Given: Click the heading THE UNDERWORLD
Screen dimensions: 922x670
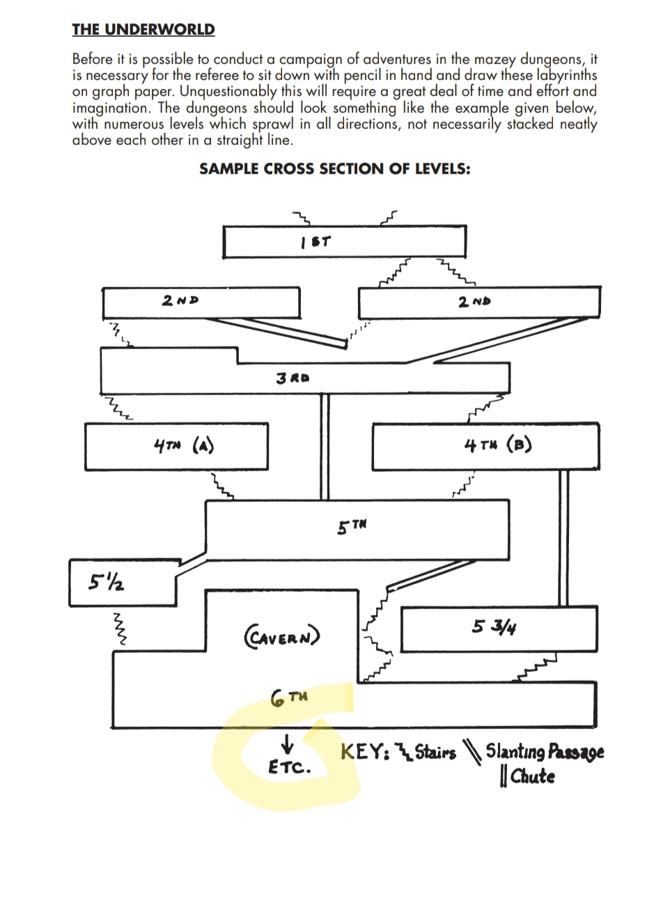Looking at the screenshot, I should tap(143, 29).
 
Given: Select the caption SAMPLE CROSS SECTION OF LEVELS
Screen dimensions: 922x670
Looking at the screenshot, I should tap(334, 169).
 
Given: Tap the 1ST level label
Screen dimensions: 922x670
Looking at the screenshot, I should tap(316, 242).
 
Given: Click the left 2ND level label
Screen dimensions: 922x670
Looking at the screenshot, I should tap(180, 300).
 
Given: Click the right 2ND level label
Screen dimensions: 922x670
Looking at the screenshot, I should tap(474, 301).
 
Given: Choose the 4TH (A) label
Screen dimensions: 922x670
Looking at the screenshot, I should tap(183, 445).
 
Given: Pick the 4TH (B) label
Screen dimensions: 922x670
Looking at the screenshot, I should tap(497, 445).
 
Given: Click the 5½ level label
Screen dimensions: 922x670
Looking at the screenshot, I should tap(107, 581).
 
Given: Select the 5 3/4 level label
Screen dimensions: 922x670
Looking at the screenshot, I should tap(494, 627).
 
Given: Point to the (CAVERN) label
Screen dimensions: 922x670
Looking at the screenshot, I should tap(282, 636).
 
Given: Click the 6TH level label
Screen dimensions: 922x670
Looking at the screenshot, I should tap(289, 697).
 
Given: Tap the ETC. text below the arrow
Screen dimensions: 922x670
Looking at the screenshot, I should tap(289, 767).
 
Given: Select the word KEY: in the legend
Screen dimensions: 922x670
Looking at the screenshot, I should tap(364, 752).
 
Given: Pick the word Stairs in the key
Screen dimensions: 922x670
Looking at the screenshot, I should tap(435, 753).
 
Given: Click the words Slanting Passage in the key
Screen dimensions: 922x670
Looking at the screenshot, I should tap(545, 751).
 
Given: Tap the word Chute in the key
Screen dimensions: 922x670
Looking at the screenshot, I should tap(532, 776).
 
